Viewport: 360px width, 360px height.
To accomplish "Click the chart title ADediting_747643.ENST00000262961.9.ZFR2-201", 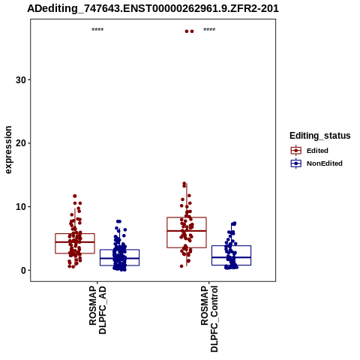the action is [153, 9].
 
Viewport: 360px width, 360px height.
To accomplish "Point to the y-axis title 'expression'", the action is [8, 150].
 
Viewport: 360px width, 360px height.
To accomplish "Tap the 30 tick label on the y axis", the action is [21, 80].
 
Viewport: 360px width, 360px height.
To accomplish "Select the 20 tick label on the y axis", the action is [21, 143].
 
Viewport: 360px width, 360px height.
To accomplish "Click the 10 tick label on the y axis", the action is [21, 207].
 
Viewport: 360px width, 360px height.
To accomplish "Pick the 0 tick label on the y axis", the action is [23, 270].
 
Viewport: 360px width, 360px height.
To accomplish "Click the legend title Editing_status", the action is [320, 136].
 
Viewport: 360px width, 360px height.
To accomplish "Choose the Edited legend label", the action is [317, 151].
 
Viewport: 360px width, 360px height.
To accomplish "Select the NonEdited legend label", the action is [325, 163].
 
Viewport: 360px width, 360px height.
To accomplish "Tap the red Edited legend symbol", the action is [296, 151].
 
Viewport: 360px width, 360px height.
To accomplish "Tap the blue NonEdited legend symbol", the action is [296, 163].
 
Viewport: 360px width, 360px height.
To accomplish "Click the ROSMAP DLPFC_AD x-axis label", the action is [97, 310].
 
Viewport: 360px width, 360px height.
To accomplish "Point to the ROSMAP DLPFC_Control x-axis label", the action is [209, 319].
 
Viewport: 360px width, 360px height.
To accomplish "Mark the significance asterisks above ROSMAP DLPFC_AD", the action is [97, 30].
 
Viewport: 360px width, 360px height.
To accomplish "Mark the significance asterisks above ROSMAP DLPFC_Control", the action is [209, 30].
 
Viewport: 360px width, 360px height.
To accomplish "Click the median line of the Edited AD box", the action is [75, 242].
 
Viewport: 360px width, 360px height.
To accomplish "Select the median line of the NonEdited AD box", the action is [119, 258].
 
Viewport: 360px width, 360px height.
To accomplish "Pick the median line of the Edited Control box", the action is [187, 231].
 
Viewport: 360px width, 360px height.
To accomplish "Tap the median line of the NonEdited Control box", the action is [231, 257].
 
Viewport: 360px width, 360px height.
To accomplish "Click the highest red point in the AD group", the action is [75, 196].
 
